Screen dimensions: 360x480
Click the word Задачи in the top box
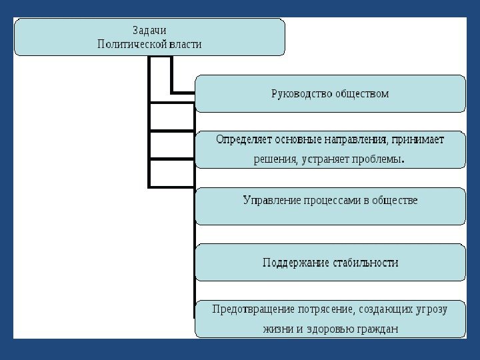pos(149,31)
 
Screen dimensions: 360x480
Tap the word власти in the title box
pos(185,44)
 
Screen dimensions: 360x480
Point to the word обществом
pos(361,93)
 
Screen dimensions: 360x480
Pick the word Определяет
pos(243,140)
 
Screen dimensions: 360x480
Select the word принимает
pos(418,140)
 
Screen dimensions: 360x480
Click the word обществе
pos(395,200)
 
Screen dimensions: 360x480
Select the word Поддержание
pos(295,263)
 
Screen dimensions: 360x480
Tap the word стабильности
pos(365,263)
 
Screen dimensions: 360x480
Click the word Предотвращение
pos(253,309)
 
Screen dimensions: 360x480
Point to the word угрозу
pos(428,309)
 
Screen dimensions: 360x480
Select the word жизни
pos(277,329)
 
